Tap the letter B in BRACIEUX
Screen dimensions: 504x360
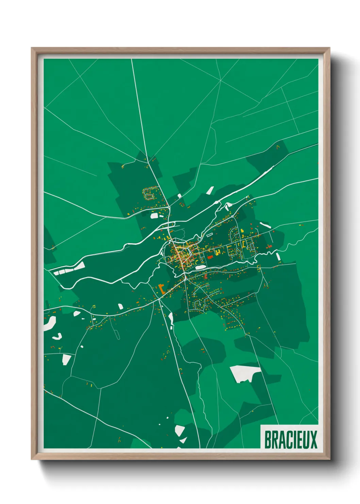[x=268, y=440]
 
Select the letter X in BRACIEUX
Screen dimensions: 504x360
[x=313, y=440]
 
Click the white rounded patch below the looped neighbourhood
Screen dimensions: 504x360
[x=154, y=216]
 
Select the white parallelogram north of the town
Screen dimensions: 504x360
[x=210, y=190]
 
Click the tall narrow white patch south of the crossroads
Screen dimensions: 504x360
[x=171, y=318]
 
